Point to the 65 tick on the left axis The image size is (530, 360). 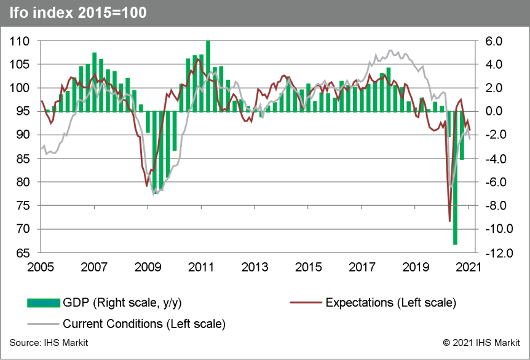point(23,252)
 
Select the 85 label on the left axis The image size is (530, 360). point(23,158)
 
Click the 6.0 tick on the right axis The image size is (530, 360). point(495,41)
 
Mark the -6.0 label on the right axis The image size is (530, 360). point(494,182)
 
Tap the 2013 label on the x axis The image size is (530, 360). point(255,267)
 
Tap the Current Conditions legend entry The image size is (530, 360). point(144,323)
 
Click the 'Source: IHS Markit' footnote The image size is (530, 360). point(49,342)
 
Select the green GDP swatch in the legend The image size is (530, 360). point(44,302)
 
